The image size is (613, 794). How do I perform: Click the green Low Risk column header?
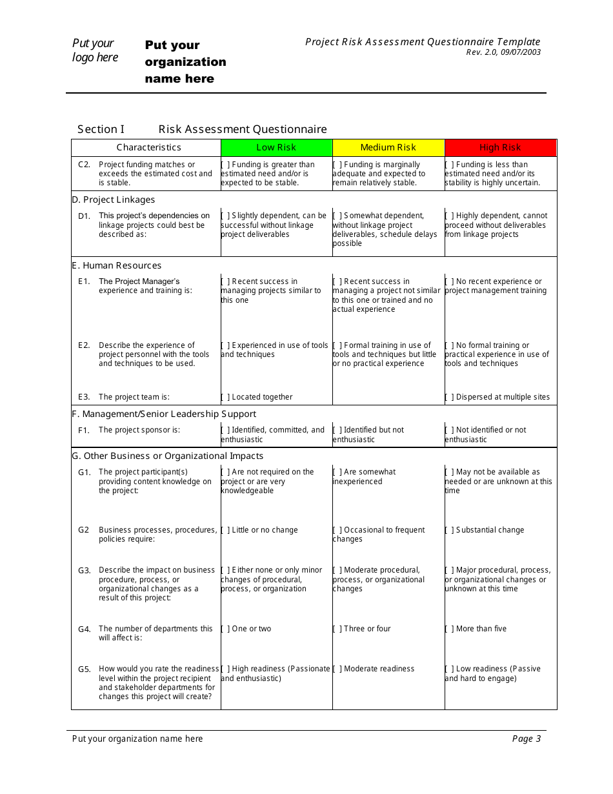[x=276, y=148]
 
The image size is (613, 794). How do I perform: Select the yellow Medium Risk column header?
[x=388, y=148]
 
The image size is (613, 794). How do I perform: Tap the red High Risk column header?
[x=500, y=148]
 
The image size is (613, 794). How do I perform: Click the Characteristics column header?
[x=148, y=148]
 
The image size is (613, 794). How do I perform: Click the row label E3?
[x=84, y=398]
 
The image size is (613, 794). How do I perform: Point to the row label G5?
[x=85, y=669]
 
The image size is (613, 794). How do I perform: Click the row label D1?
[x=85, y=216]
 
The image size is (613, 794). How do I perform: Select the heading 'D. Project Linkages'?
[x=114, y=200]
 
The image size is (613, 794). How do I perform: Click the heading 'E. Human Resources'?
[x=117, y=266]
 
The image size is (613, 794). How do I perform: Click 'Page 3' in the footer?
[x=527, y=739]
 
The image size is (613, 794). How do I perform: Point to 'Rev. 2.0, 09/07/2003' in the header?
[x=503, y=53]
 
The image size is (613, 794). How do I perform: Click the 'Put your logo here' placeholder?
[x=95, y=50]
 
